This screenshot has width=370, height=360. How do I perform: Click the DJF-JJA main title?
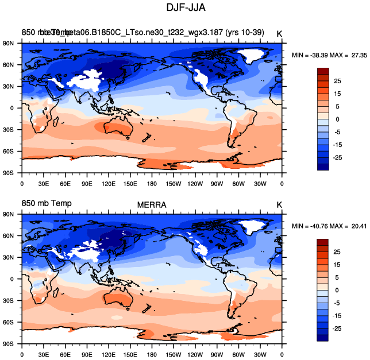click(186, 9)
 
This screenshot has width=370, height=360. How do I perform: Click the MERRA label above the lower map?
click(151, 205)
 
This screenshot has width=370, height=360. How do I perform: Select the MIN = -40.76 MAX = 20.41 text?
click(325, 226)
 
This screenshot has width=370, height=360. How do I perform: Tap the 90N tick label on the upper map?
click(9, 43)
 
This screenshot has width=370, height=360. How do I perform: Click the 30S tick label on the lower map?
click(9, 300)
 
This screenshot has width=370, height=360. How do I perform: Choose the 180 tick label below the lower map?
click(152, 355)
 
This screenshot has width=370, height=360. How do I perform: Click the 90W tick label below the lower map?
click(217, 355)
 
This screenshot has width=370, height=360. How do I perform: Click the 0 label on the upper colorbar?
click(337, 119)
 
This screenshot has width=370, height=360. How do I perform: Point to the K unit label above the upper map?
click(279, 33)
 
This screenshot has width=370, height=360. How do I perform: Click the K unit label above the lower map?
click(279, 205)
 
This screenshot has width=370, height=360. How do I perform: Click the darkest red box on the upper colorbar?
click(323, 71)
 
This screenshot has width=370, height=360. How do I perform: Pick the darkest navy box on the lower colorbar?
click(323, 338)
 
